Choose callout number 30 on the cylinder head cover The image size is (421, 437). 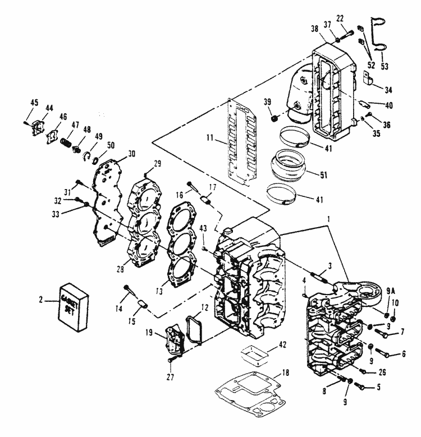[x=131, y=154]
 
